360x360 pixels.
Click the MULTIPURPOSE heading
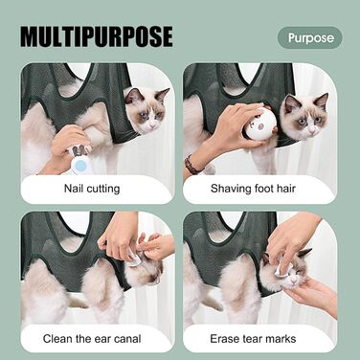point(97,37)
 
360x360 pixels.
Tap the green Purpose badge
point(310,37)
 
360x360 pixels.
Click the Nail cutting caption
point(92,189)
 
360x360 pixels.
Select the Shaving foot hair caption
point(253,189)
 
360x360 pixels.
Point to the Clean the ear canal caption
point(92,339)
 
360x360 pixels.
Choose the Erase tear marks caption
point(253,339)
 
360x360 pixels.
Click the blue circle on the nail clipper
point(81,166)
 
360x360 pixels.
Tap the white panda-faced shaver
point(259,124)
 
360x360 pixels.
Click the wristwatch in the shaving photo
point(192,166)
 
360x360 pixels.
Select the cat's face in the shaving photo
point(304,118)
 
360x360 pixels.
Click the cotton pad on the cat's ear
point(135,259)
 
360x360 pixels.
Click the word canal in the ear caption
point(127,339)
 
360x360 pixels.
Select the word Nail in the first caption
point(74,189)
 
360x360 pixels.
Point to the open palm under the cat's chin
point(311,294)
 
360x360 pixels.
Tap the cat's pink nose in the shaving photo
point(313,128)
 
